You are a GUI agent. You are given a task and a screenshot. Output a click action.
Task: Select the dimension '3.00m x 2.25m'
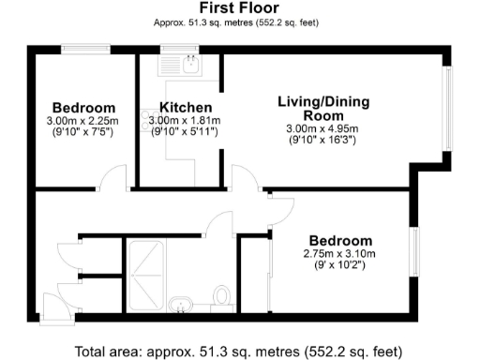tap(84, 121)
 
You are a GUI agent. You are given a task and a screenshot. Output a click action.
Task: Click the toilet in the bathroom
tap(223, 296)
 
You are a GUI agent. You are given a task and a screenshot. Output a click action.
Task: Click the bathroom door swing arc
tap(220, 221)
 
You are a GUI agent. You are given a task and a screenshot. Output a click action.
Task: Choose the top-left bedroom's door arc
tap(113, 177)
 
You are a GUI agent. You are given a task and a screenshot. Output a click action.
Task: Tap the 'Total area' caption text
tap(239, 351)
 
